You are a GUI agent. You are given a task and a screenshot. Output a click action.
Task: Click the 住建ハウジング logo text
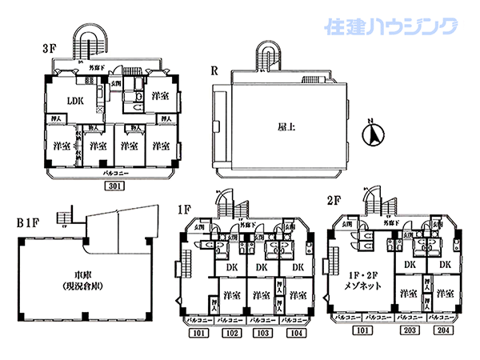click(x=392, y=28)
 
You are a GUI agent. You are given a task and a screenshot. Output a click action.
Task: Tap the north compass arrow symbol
click(x=370, y=134)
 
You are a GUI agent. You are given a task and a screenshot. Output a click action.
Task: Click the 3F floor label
click(x=48, y=49)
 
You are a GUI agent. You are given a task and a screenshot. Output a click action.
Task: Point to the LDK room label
click(x=75, y=102)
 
